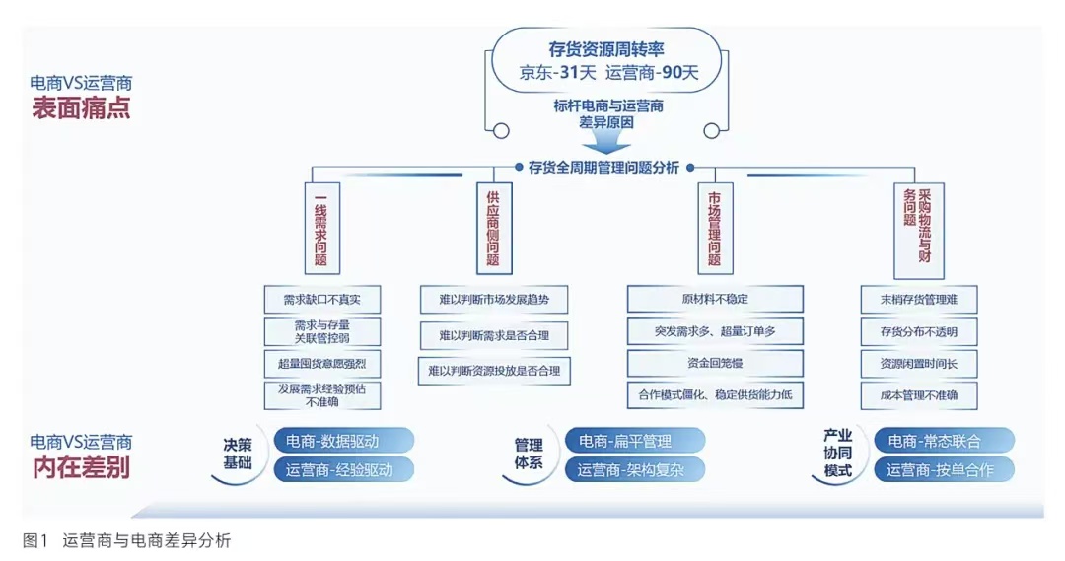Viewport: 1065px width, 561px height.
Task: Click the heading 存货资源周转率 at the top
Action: coord(606,49)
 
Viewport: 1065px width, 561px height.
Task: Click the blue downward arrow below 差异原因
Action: coord(605,141)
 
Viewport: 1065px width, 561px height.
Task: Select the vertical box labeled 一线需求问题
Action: coord(321,228)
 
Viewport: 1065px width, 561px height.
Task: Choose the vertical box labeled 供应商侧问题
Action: coord(494,228)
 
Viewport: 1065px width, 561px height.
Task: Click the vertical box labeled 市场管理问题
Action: coord(715,228)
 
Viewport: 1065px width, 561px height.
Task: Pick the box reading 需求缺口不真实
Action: coord(321,300)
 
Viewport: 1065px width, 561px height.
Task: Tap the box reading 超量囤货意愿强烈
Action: coord(321,364)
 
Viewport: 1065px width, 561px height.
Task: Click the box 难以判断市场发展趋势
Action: coord(494,300)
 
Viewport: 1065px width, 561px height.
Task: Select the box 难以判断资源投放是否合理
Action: coord(494,371)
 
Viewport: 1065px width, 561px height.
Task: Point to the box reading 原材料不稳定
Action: coord(715,299)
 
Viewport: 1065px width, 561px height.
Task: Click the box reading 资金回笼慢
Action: coord(715,364)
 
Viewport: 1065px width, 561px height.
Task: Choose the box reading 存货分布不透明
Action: coord(919,332)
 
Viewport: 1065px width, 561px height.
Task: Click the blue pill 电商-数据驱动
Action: coord(344,441)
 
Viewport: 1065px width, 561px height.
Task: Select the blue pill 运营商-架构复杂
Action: coord(634,469)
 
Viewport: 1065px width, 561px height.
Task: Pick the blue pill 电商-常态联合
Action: coord(944,441)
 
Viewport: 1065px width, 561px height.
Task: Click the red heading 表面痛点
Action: coord(81,108)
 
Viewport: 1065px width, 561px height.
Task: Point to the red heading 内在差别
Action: coord(81,467)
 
